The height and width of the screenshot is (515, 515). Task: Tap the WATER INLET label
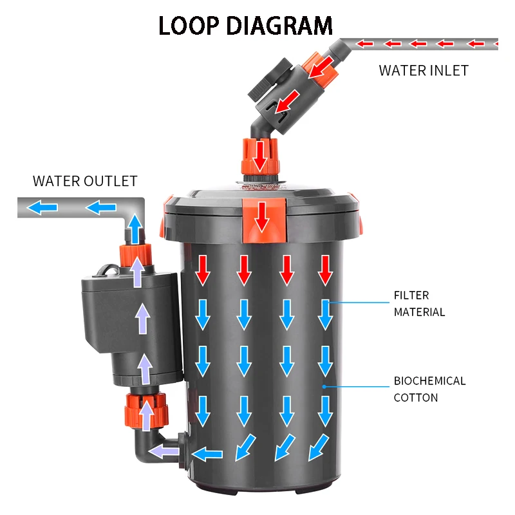(423, 70)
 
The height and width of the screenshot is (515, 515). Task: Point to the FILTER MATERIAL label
(420, 304)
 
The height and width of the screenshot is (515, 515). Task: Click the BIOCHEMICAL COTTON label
(429, 389)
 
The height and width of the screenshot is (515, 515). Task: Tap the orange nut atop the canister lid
(261, 156)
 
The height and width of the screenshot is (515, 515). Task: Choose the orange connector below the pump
(146, 411)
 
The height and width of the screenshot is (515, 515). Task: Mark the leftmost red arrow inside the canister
(203, 270)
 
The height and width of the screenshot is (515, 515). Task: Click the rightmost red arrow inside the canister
(325, 270)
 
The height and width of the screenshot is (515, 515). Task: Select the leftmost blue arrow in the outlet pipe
(44, 208)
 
